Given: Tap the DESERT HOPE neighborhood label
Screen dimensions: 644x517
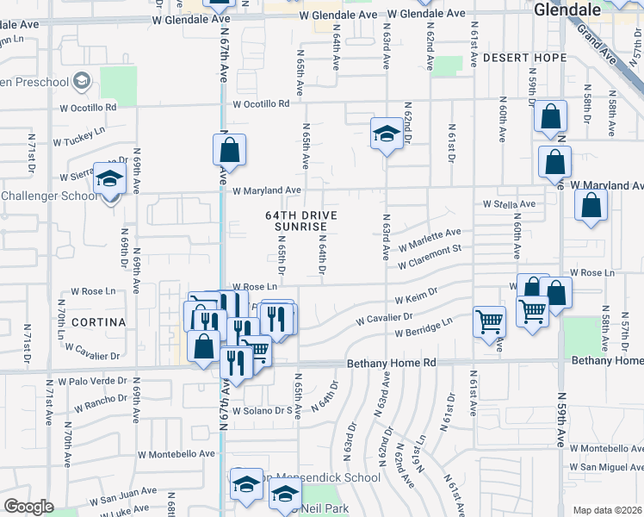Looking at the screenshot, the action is [x=524, y=58].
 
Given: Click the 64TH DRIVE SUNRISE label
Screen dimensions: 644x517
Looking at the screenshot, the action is [x=300, y=221].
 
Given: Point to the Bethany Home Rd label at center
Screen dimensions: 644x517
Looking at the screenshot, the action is [x=391, y=364].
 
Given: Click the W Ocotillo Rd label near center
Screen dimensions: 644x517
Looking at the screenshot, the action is [x=260, y=103].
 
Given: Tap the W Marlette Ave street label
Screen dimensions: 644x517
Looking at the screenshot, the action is [x=430, y=237].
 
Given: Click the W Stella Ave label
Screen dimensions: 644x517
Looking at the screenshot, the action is [x=509, y=204].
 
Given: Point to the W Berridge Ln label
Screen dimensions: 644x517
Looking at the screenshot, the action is [x=424, y=327].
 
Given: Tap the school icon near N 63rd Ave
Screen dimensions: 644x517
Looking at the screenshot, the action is [x=387, y=133].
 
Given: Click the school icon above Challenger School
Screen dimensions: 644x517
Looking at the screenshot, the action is [x=109, y=178].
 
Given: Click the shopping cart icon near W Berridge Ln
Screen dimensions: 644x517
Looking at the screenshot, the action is [x=489, y=321].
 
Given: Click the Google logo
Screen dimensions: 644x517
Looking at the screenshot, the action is [x=28, y=508].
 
